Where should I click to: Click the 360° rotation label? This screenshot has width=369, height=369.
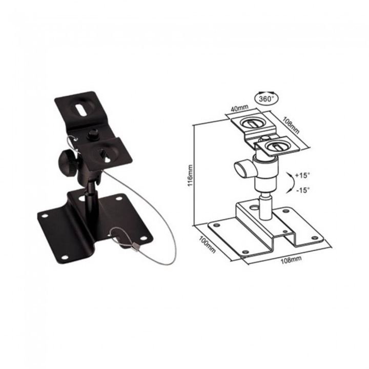[x=265, y=99]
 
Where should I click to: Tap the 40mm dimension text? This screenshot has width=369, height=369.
[x=239, y=109]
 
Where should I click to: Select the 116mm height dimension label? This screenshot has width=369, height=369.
[x=190, y=175]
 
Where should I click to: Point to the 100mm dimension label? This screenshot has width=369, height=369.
[x=207, y=244]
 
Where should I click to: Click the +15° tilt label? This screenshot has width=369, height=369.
[x=302, y=175]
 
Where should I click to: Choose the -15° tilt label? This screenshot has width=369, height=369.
[x=303, y=190]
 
